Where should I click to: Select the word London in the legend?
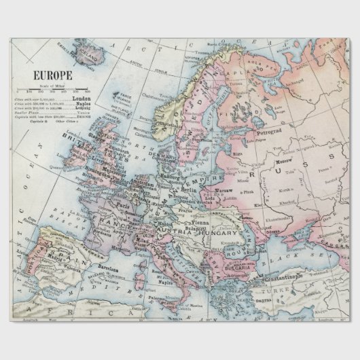[x=80, y=98]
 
